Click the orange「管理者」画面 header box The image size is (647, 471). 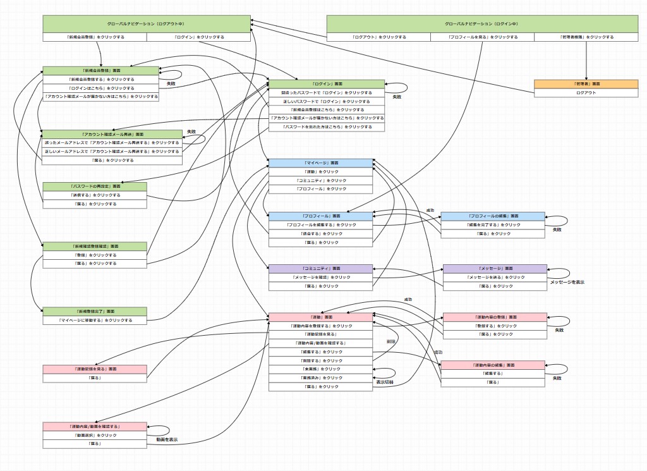pyautogui.click(x=586, y=83)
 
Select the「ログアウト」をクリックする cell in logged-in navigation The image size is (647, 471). pyautogui.click(x=378, y=37)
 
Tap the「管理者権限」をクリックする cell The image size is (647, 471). pyautogui.click(x=586, y=37)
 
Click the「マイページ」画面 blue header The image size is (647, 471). pyautogui.click(x=320, y=163)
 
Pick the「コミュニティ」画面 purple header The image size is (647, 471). pyautogui.click(x=320, y=269)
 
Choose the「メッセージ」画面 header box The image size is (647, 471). pyautogui.click(x=495, y=269)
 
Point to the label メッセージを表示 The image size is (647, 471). pyautogui.click(x=567, y=282)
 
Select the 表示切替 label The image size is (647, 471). pyautogui.click(x=385, y=382)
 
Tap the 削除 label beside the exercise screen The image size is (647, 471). pyautogui.click(x=391, y=341)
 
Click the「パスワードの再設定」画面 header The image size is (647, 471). pyautogui.click(x=94, y=187)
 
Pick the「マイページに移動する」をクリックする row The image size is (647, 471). pyautogui.click(x=94, y=321)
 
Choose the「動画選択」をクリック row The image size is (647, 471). pyautogui.click(x=94, y=435)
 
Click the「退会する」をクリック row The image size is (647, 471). pyautogui.click(x=320, y=233)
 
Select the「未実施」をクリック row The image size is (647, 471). pyautogui.click(x=320, y=369)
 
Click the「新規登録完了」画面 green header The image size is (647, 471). pyautogui.click(x=94, y=312)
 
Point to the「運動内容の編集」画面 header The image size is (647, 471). pyautogui.click(x=492, y=365)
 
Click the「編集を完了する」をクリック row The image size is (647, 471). pyautogui.click(x=492, y=225)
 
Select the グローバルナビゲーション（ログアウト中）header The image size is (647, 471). pyautogui.click(x=146, y=24)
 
